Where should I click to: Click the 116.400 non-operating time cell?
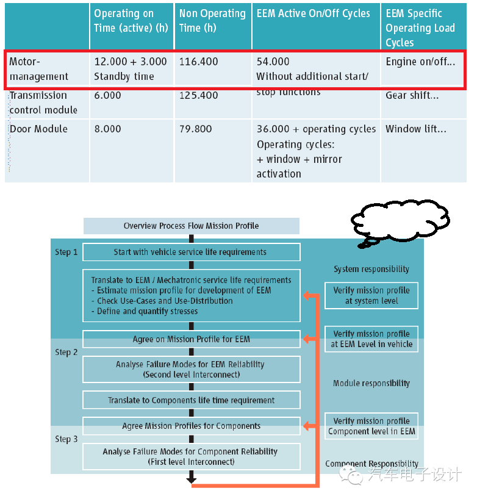[199, 62]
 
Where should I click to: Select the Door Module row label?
[38, 129]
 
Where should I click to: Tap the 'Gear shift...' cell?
[412, 96]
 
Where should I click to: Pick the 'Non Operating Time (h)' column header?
[212, 21]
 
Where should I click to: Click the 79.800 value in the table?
[199, 129]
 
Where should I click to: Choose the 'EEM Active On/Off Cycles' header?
[313, 13]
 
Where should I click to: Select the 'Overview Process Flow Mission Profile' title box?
[191, 226]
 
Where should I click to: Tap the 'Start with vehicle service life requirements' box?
[191, 252]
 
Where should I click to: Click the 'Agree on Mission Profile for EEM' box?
[191, 339]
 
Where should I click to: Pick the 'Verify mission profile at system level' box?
[371, 295]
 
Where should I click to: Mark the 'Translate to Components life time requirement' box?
[191, 400]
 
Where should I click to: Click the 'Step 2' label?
[66, 352]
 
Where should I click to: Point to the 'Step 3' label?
[66, 439]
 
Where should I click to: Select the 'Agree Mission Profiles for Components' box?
[191, 426]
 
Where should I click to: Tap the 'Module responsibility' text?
[371, 383]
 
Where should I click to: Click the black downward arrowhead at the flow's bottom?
[191, 481]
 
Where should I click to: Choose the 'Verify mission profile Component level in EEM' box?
[371, 426]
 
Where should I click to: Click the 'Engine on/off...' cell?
[420, 62]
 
